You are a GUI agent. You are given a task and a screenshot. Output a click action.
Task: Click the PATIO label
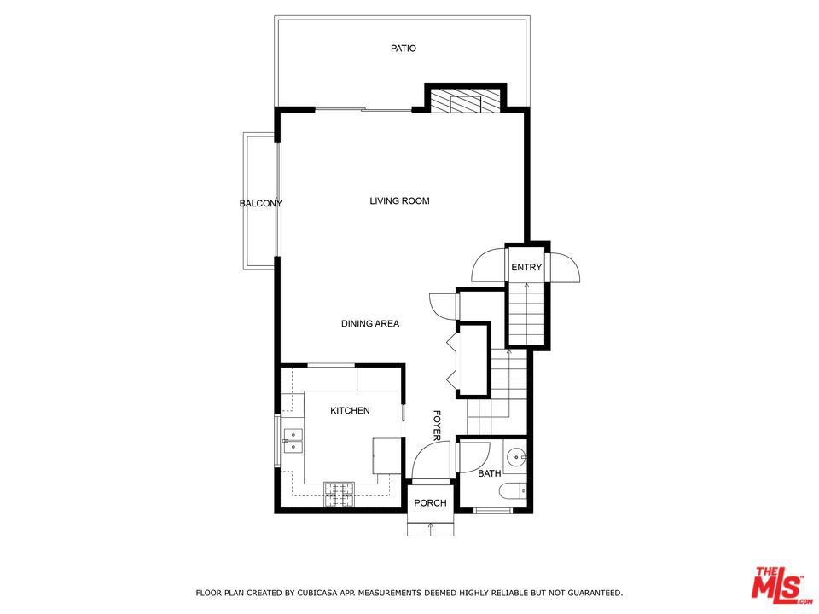(x=404, y=49)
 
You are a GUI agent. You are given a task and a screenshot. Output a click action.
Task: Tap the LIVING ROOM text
(x=399, y=201)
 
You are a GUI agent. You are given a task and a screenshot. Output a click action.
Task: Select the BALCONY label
(x=260, y=203)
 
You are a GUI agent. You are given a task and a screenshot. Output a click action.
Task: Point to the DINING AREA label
(x=370, y=324)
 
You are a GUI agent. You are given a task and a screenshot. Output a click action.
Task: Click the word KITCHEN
(x=350, y=411)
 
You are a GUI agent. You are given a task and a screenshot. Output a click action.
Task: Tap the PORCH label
(x=430, y=503)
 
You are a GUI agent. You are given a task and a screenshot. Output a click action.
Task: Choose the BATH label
(x=489, y=473)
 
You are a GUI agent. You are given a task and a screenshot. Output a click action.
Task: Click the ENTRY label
(x=526, y=268)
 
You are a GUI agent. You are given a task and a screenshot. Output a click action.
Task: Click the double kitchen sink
(x=293, y=440)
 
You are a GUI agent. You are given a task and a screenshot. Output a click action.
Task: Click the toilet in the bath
(x=513, y=492)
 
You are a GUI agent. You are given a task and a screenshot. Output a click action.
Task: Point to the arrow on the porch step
(x=430, y=528)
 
